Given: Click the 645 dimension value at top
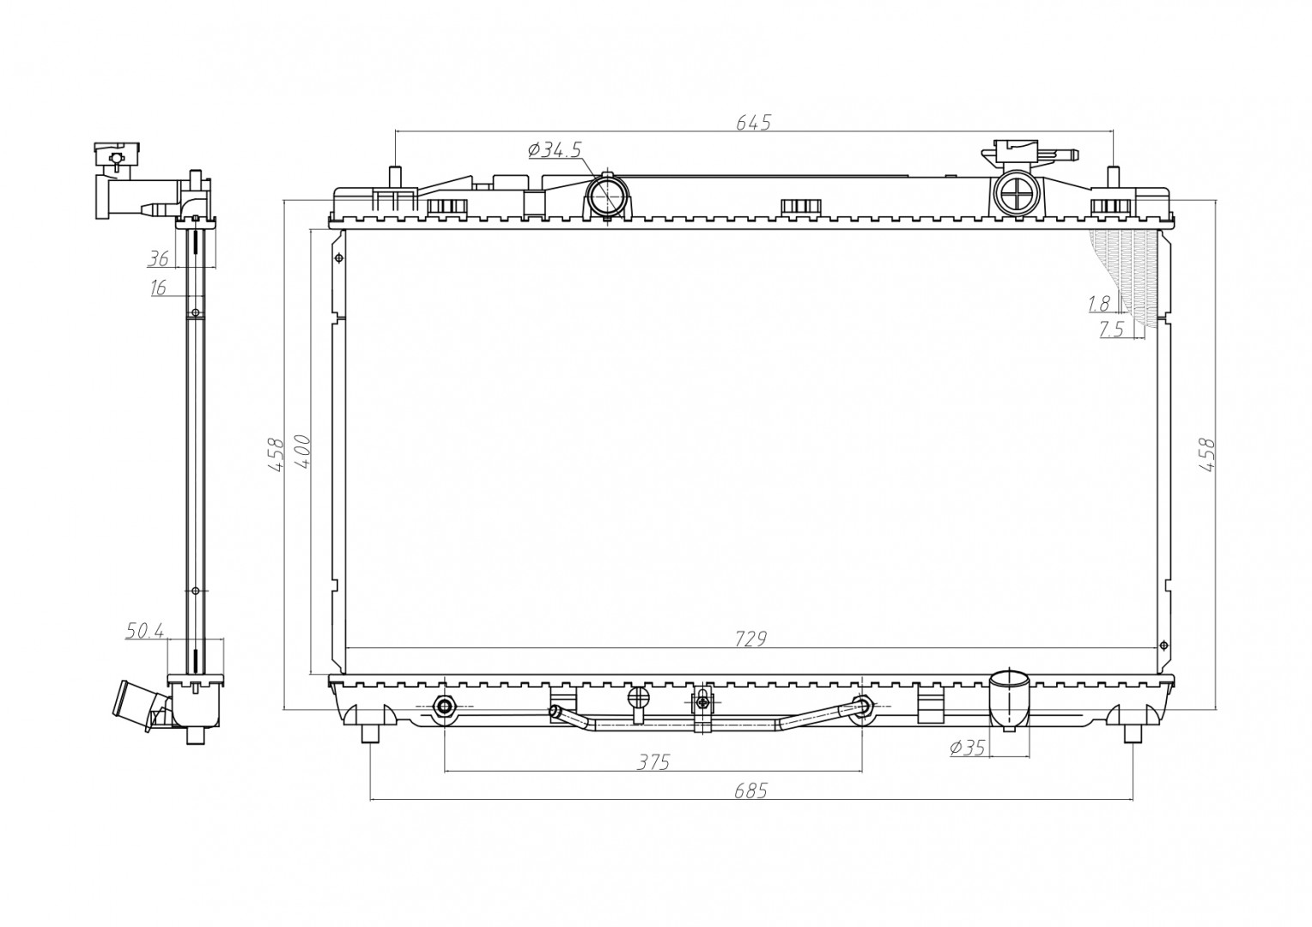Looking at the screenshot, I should (753, 123).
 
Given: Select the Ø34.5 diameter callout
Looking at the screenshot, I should (555, 150).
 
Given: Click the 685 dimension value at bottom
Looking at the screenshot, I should (750, 791).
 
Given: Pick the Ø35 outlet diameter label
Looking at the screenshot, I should (967, 748).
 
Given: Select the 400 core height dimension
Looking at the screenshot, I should (302, 451).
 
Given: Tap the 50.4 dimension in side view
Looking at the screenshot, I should (144, 632).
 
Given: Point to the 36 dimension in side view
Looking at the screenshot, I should (158, 258).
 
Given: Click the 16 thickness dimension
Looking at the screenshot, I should (158, 288).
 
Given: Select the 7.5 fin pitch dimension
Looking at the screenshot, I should (1111, 330).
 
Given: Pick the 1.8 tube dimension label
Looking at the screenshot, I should (1098, 303).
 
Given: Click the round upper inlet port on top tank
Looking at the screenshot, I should (608, 196).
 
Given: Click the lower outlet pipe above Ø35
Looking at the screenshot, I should (1010, 697).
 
